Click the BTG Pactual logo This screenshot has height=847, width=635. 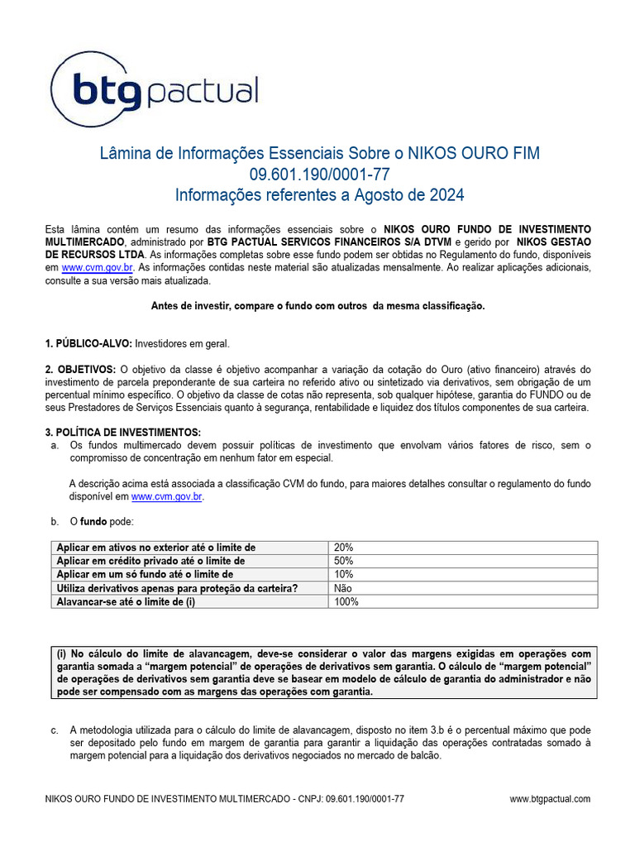coord(155,89)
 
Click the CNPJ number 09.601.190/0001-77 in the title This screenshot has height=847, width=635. coord(318,175)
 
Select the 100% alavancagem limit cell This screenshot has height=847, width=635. coord(346,601)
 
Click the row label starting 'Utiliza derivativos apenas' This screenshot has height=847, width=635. coord(177,588)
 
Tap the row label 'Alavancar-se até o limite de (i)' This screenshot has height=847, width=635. coord(131,601)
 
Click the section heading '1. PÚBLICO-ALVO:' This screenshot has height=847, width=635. coord(88,343)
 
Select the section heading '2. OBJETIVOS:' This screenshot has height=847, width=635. coord(80,369)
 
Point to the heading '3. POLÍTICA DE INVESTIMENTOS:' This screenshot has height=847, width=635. coord(122,433)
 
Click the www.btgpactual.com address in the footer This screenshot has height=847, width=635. coord(550,799)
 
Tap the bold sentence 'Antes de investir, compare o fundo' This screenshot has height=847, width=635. coord(317,306)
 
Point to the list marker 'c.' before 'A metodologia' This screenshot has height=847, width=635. coord(55,730)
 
